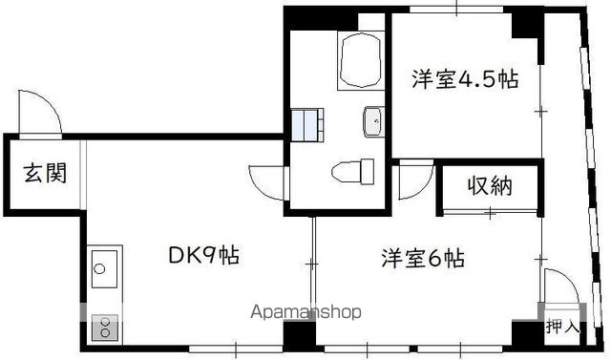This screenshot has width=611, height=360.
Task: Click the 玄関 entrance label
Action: [45, 174]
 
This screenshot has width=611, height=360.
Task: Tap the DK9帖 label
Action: [203, 255]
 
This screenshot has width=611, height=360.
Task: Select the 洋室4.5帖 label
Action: [465, 79]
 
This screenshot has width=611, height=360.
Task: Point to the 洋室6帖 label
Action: [423, 258]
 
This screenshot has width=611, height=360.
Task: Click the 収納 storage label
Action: [490, 185]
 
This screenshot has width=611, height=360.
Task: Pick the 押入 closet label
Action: [562, 327]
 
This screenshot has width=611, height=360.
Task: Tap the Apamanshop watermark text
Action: [305, 312]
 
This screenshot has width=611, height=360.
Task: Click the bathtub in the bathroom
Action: [361, 61]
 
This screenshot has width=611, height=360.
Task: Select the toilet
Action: [352, 171]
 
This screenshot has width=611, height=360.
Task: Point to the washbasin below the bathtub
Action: [373, 121]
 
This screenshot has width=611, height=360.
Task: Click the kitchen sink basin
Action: [104, 269]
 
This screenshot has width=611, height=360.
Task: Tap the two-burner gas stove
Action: [105, 328]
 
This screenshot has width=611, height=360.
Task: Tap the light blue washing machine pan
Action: [307, 124]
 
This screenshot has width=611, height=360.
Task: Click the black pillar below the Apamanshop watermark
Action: [299, 333]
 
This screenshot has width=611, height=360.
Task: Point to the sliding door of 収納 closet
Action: [490, 212]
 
